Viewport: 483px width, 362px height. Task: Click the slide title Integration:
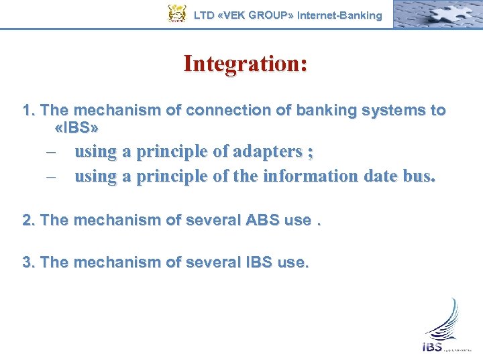point(246,64)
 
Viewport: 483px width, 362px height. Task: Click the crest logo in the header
point(176,13)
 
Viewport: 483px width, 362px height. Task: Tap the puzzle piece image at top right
point(436,13)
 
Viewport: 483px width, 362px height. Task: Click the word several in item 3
point(209,262)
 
